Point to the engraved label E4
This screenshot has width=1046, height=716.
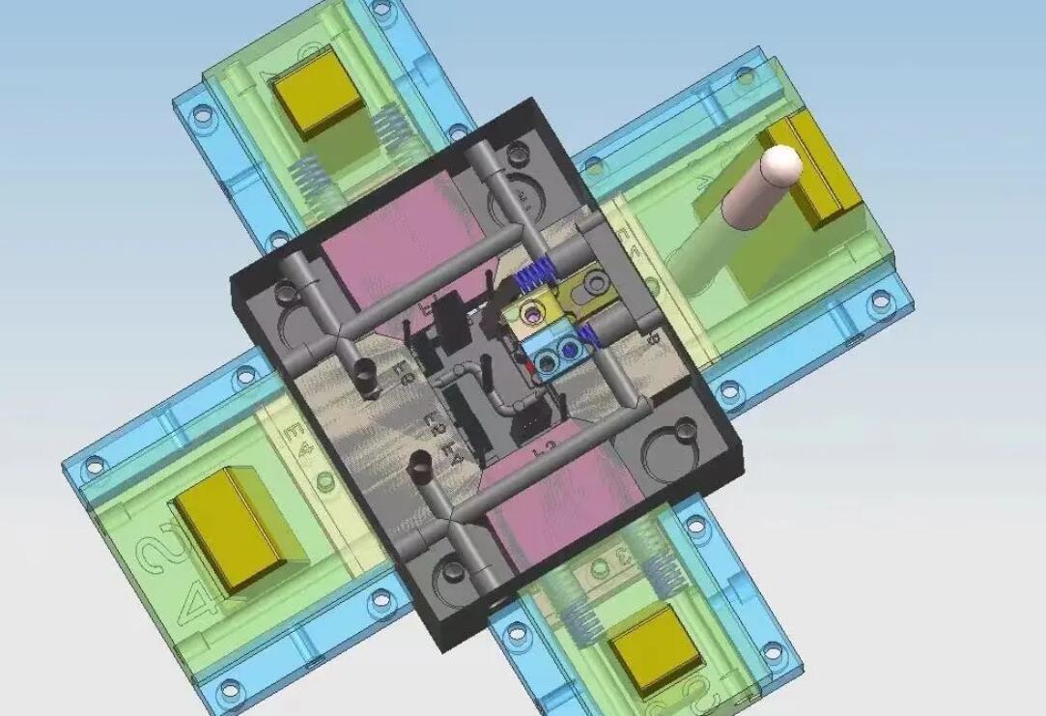[294, 440]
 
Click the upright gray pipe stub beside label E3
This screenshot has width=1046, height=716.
[368, 378]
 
